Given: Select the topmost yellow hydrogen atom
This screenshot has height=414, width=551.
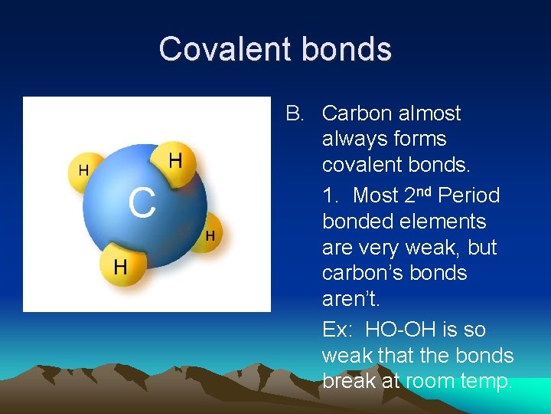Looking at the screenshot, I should coord(175,162).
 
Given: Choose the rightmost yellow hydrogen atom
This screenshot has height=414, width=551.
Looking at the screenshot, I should coord(209,235).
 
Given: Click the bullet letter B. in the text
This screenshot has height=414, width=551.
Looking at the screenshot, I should coord(295,113).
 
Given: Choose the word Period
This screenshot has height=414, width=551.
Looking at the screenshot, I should coord(468,195).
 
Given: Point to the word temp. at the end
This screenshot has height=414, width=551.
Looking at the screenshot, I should coord(481,381).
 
